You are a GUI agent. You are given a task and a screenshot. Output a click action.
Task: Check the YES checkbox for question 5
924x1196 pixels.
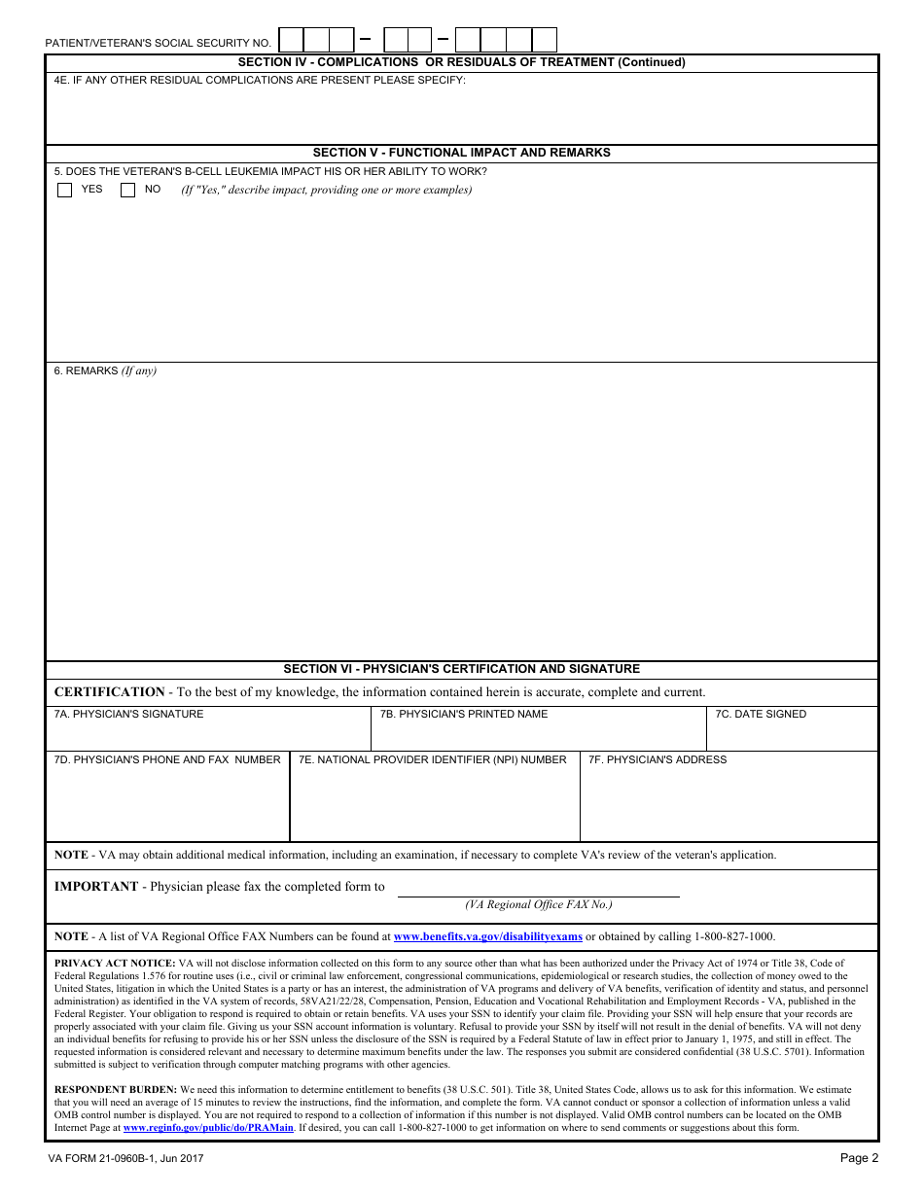pos(65,191)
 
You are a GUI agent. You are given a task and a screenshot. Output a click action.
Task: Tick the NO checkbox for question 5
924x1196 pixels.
pos(127,191)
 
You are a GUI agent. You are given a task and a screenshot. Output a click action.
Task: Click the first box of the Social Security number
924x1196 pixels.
pos(291,40)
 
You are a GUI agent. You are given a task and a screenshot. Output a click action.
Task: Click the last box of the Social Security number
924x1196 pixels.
pos(545,40)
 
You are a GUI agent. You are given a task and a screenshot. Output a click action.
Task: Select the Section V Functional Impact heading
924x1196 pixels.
pos(461,153)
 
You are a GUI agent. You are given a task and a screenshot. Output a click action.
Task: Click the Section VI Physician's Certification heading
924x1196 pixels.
pos(461,669)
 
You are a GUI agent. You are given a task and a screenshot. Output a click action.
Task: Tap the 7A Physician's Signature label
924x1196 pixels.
pos(128,714)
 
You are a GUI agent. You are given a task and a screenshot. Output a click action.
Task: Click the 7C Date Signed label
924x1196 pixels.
pos(761,714)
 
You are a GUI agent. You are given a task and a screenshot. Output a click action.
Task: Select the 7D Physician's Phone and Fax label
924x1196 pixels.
pos(166,759)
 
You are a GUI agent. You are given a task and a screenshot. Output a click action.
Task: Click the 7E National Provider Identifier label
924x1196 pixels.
pos(432,759)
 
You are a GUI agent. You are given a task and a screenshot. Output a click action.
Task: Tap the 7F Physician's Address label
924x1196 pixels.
pos(657,759)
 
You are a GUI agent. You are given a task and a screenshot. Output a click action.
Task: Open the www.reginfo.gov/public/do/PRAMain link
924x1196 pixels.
pos(208,1128)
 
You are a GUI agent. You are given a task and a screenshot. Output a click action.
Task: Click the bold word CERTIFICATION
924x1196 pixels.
pos(109,692)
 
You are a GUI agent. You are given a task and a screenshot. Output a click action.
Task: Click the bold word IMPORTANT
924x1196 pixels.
pos(96,886)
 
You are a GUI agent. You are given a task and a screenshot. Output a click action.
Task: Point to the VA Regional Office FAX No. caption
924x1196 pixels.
pos(538,904)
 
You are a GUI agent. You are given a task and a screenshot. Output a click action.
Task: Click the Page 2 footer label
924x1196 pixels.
pos(859,1157)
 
